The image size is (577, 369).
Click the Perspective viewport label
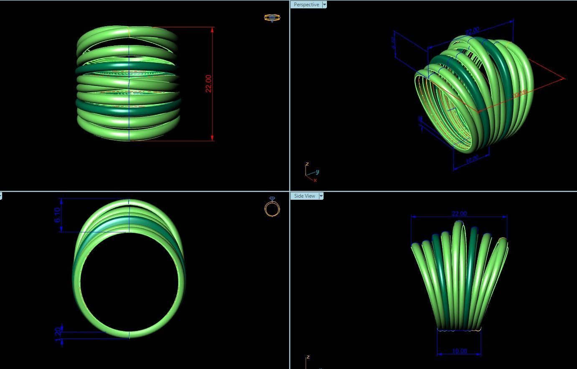coord(306,5)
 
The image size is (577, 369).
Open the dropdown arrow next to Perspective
coord(324,5)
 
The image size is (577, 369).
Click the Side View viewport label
coord(304,196)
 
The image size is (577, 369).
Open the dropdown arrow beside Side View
coord(321,196)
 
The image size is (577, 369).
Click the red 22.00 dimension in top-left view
coord(209,83)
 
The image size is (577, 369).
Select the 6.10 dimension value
coord(58,215)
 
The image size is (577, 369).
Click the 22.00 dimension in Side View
coord(459,214)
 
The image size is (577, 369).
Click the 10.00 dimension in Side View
coord(459,351)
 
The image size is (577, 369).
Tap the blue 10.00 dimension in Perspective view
coord(472,159)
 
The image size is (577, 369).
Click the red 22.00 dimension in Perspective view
coord(520,94)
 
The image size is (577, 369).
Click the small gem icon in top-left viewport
coord(272,18)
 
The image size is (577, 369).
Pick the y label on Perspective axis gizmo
coord(318,172)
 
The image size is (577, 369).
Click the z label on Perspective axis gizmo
coord(307,164)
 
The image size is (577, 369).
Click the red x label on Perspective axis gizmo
coord(315,180)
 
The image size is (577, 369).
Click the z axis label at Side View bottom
coord(308,357)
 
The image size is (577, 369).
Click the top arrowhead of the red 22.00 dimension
coord(213,30)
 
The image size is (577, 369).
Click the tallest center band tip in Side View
coord(458,223)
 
